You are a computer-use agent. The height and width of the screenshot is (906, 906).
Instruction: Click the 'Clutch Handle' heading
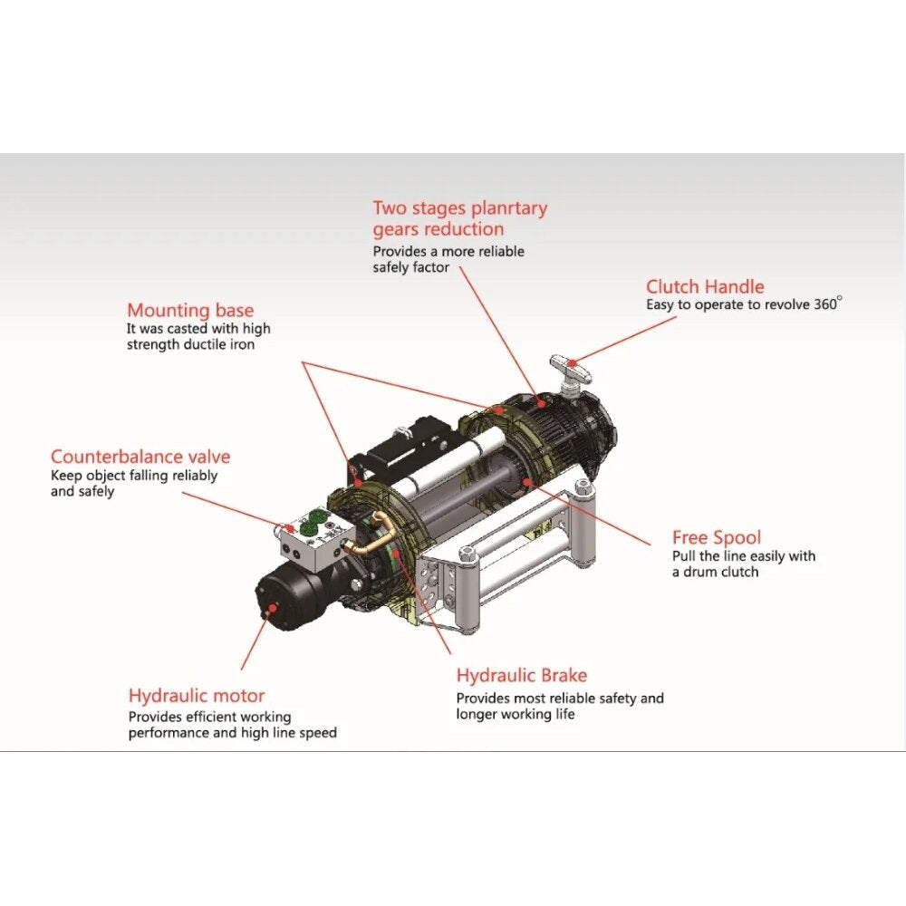coord(705,286)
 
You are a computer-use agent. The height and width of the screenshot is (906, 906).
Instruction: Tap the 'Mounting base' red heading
coord(190,310)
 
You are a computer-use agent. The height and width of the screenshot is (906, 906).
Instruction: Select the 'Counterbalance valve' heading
coord(140,457)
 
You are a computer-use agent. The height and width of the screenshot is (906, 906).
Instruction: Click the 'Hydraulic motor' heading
coord(197,695)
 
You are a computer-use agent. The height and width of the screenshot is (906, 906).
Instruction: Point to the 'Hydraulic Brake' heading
coord(522,675)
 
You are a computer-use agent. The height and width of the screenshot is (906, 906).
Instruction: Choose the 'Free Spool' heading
coord(717,537)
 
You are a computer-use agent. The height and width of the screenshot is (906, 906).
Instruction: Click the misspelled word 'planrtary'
coord(509,208)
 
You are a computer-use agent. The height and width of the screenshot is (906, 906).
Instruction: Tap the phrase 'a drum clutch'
coord(716,572)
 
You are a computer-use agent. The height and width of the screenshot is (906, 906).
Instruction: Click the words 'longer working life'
coord(516,714)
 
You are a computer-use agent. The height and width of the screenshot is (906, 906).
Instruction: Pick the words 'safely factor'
coord(410,267)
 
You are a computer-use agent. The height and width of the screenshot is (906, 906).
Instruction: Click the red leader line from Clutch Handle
coord(624,340)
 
